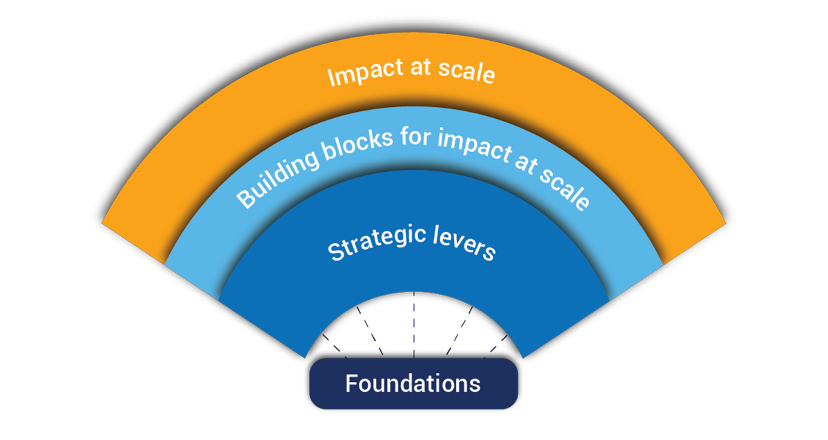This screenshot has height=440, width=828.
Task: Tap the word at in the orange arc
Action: pos(421,68)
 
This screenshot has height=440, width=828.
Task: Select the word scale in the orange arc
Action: pos(466,71)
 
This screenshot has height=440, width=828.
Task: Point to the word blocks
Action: pos(357,144)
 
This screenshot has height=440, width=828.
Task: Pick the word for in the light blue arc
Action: pos(416,137)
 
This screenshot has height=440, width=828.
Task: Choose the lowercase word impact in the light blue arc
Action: pos(475,146)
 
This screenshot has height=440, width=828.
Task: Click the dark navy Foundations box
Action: pos(413,383)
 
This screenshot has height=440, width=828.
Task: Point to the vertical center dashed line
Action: pos(414,325)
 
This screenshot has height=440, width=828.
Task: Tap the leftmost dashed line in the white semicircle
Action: pos(335,346)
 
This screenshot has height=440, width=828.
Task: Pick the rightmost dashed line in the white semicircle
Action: pos(495,346)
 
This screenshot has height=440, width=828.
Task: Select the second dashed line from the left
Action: pos(370,330)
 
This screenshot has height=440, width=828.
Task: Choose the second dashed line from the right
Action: pos(460,330)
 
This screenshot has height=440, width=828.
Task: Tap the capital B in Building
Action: pos(246,200)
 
